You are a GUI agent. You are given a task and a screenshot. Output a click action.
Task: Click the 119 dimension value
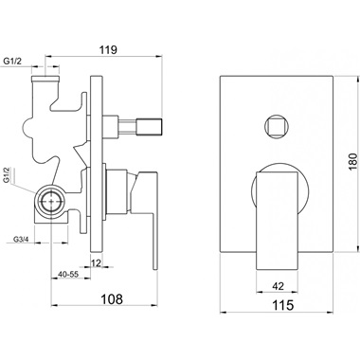click(x=108, y=49)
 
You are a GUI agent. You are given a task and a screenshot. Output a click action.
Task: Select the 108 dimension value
click(x=111, y=298)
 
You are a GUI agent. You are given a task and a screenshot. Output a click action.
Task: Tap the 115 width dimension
click(x=282, y=305)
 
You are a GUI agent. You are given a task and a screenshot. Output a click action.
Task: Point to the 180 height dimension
click(x=352, y=162)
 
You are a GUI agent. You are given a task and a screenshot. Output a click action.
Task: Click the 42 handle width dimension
click(x=278, y=286)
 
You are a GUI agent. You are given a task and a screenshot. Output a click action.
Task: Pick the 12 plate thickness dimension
click(x=97, y=262)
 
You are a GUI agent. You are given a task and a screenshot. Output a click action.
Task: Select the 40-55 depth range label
click(x=68, y=274)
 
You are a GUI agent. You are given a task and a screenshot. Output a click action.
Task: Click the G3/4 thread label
click(x=21, y=239)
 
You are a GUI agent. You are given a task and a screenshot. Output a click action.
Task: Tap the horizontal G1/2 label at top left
click(x=12, y=62)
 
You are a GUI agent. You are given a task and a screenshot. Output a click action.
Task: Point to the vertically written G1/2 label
click(x=7, y=175)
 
